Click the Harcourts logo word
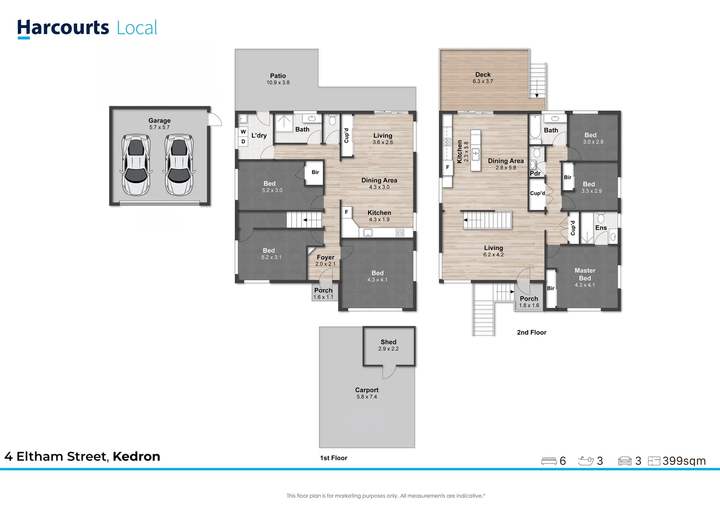[x=63, y=28]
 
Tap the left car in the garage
[x=136, y=165]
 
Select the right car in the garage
[x=179, y=165]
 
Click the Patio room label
[x=278, y=76]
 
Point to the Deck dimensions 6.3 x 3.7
[x=483, y=82]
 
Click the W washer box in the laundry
[x=243, y=132]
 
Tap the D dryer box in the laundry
[x=243, y=141]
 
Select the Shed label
[x=388, y=342]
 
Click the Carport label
[x=367, y=390]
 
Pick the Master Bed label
[x=585, y=274]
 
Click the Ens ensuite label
[x=601, y=228]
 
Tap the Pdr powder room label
[x=535, y=173]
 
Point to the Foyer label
[x=325, y=257]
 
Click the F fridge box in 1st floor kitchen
[x=347, y=212]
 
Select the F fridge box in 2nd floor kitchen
[x=448, y=167]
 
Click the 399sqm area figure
[x=684, y=461]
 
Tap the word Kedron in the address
[x=136, y=456]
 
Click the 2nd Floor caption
[x=532, y=332]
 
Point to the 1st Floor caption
[x=334, y=458]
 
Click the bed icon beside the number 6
[x=549, y=461]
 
